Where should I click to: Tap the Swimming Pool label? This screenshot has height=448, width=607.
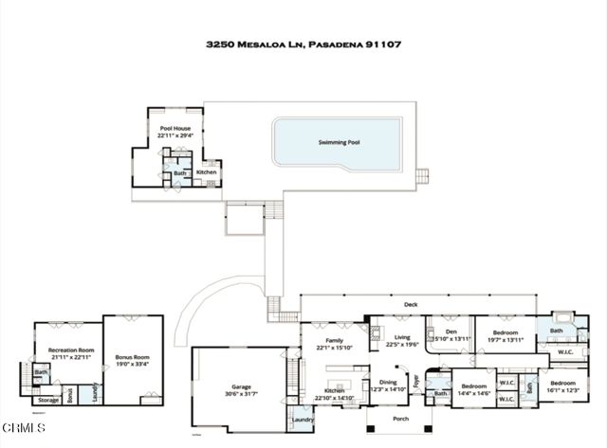[x=339, y=142]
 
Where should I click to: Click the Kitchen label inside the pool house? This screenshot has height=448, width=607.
[x=207, y=172]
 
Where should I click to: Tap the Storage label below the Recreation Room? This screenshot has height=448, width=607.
[x=48, y=401]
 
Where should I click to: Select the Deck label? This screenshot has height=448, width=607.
[x=411, y=305]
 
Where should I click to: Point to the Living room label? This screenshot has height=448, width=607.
[x=402, y=337]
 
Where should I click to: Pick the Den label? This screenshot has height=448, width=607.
[x=451, y=332]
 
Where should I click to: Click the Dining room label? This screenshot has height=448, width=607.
[x=387, y=382]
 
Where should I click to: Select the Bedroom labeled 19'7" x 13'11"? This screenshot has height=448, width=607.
[x=505, y=333]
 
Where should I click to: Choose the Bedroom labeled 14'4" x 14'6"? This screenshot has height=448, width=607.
[x=474, y=386]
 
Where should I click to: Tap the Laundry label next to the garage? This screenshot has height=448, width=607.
[x=303, y=420]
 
